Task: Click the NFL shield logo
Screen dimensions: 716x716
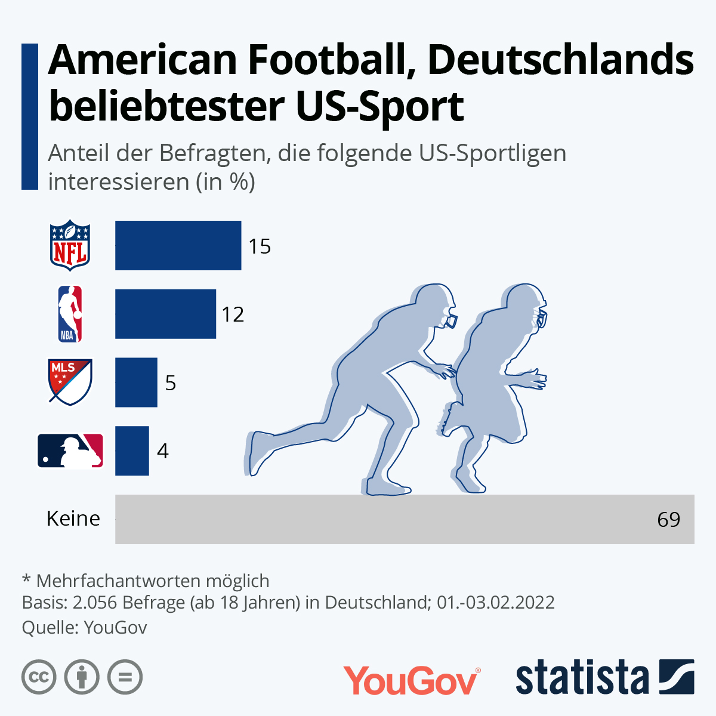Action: [x=70, y=245]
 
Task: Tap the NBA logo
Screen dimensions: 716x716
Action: [x=70, y=314]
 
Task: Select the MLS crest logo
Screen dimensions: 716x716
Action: [x=70, y=382]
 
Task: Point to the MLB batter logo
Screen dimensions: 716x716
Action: [x=70, y=450]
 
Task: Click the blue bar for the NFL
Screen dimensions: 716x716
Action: [x=178, y=245]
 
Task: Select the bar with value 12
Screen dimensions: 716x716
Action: [x=165, y=314]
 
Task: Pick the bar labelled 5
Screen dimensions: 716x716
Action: [x=136, y=382]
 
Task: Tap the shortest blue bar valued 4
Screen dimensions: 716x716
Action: [x=132, y=451]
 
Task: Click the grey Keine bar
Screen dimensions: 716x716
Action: [x=382, y=519]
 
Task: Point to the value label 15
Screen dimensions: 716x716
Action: [x=260, y=246]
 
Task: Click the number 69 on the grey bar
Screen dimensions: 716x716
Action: [x=668, y=520]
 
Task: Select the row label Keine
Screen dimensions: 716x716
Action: [x=73, y=519]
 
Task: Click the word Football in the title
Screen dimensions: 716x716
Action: [x=331, y=60]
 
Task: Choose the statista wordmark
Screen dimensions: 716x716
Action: [x=582, y=678]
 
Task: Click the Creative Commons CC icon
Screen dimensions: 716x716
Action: [x=39, y=677]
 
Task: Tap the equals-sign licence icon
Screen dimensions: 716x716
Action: [x=125, y=677]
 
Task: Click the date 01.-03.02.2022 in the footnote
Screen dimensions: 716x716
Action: [x=495, y=602]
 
